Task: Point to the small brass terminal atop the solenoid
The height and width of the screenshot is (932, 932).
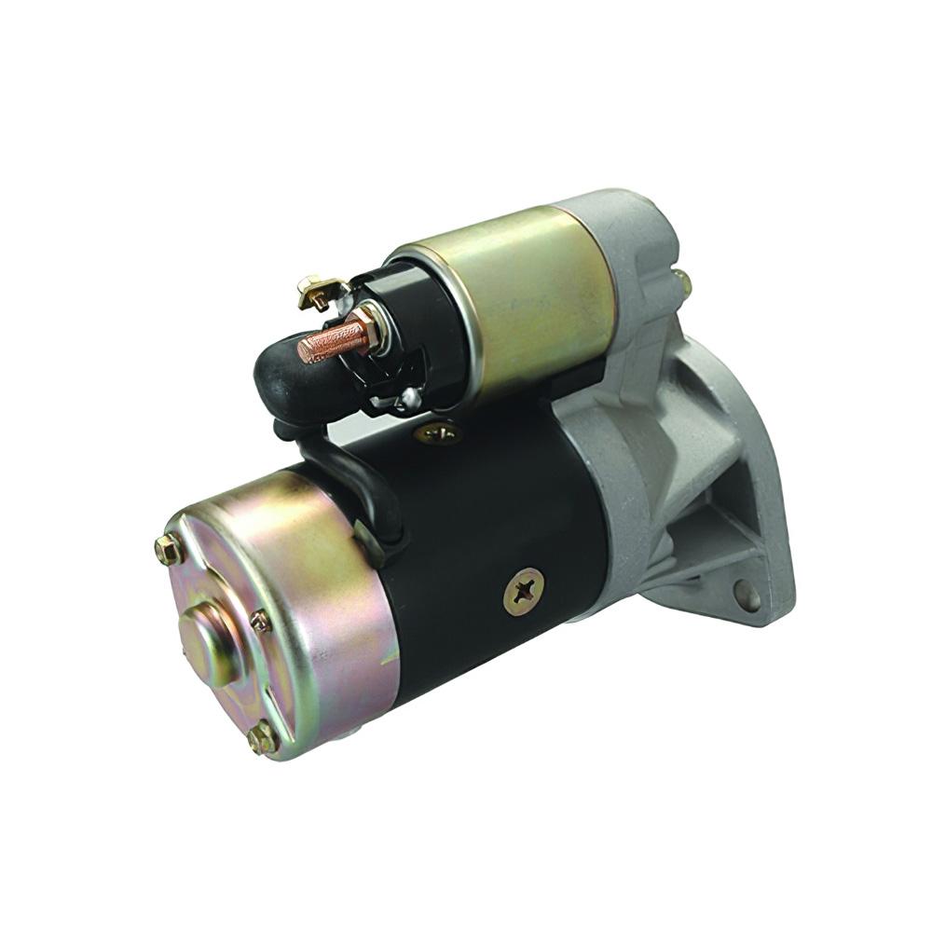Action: click(316, 293)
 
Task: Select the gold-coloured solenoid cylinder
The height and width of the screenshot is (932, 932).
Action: click(522, 298)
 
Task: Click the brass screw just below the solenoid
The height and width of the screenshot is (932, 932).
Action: click(437, 432)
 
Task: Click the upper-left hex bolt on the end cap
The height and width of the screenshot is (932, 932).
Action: click(169, 550)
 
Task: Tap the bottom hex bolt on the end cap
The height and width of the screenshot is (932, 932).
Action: click(262, 738)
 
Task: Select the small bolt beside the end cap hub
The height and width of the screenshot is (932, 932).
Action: click(260, 620)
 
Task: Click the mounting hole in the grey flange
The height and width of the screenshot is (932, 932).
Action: click(747, 593)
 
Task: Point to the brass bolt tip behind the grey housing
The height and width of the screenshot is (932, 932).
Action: click(684, 280)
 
